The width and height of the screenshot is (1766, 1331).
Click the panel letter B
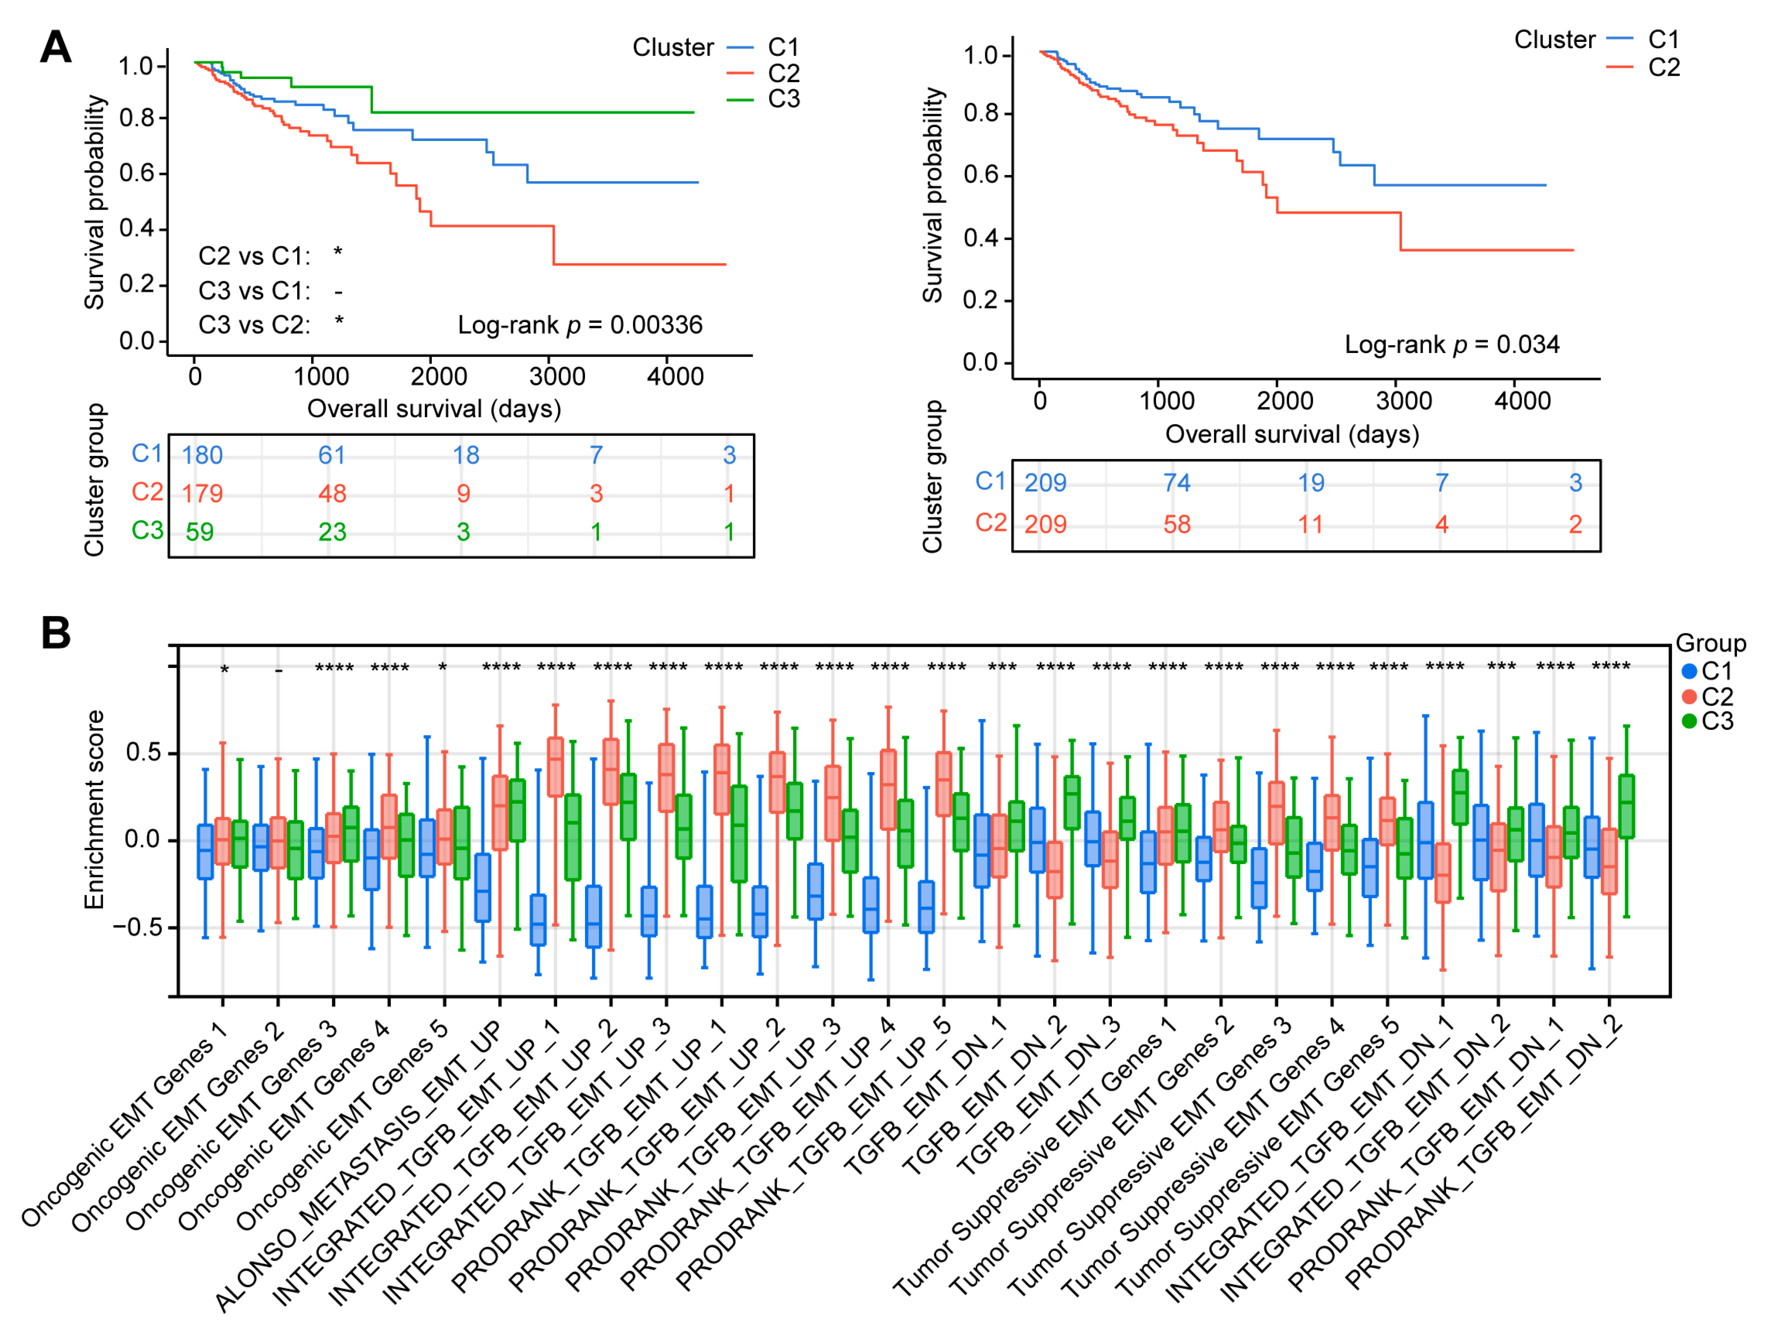click(x=56, y=633)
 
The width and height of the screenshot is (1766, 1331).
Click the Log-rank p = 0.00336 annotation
click(x=580, y=325)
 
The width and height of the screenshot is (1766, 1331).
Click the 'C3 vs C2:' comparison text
click(x=254, y=325)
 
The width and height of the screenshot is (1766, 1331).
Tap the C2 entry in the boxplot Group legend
click(x=1716, y=696)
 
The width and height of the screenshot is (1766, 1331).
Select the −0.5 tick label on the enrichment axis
click(x=136, y=927)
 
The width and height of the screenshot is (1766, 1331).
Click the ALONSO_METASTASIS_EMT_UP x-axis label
click(x=359, y=1165)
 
